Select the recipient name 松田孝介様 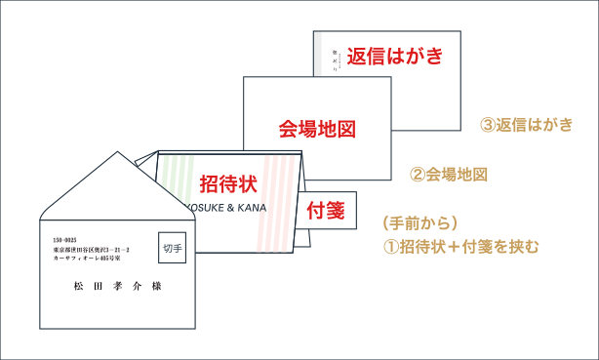click(x=117, y=287)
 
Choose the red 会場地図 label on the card click(x=314, y=129)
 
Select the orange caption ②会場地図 click(x=448, y=175)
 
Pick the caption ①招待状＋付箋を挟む click(x=459, y=245)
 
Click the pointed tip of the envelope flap click(x=115, y=155)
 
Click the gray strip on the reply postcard click(x=320, y=54)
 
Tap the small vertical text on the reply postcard click(x=333, y=57)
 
